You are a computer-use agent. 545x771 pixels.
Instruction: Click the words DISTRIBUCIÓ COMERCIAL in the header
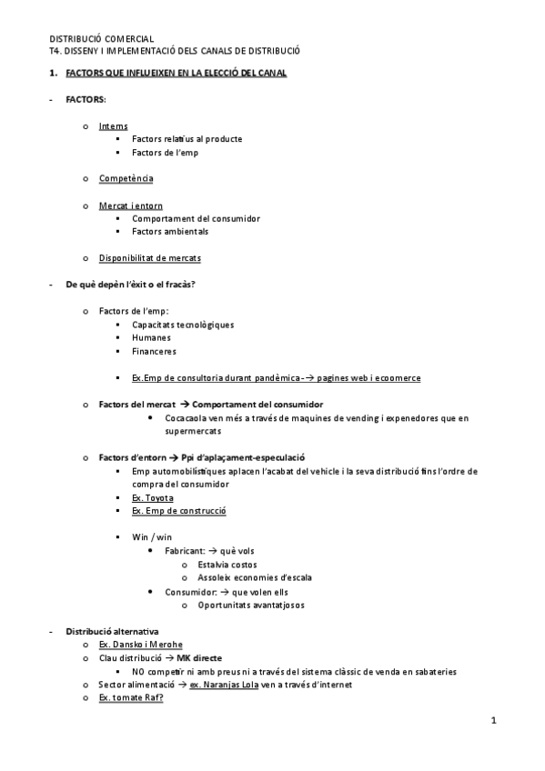tap(101, 39)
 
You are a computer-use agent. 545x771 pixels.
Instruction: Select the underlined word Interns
tap(114, 126)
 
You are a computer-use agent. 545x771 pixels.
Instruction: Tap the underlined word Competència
tap(126, 179)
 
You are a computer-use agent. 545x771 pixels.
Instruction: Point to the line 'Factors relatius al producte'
tap(187, 139)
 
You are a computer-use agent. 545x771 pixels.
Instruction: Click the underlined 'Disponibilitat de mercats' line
tap(150, 258)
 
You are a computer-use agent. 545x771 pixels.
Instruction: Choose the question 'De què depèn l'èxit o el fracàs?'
tap(130, 285)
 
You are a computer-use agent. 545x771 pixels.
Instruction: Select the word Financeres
tap(154, 351)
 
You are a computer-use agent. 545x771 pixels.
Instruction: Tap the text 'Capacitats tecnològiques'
tap(183, 325)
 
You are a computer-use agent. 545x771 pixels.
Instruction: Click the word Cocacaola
tap(187, 417)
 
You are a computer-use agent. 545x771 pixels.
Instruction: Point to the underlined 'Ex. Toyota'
tap(153, 497)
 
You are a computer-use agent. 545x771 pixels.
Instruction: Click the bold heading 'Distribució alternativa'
tap(112, 631)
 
